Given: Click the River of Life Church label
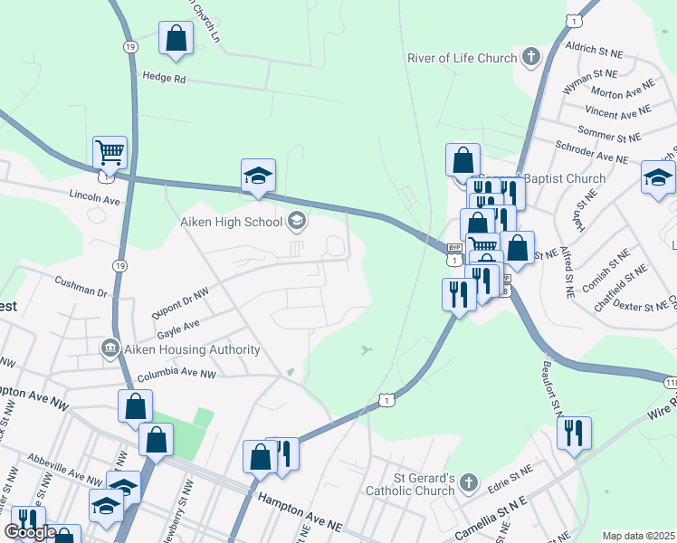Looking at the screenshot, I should [462, 59].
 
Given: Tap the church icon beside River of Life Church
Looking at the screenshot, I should [531, 58].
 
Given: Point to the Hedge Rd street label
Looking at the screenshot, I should [164, 79].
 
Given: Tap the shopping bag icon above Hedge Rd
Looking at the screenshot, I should [176, 38].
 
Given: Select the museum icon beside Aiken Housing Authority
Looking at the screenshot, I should [110, 348].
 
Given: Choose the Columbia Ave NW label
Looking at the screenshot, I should [176, 374].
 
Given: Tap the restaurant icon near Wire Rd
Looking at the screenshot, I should [574, 433].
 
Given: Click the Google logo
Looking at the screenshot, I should [30, 531].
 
